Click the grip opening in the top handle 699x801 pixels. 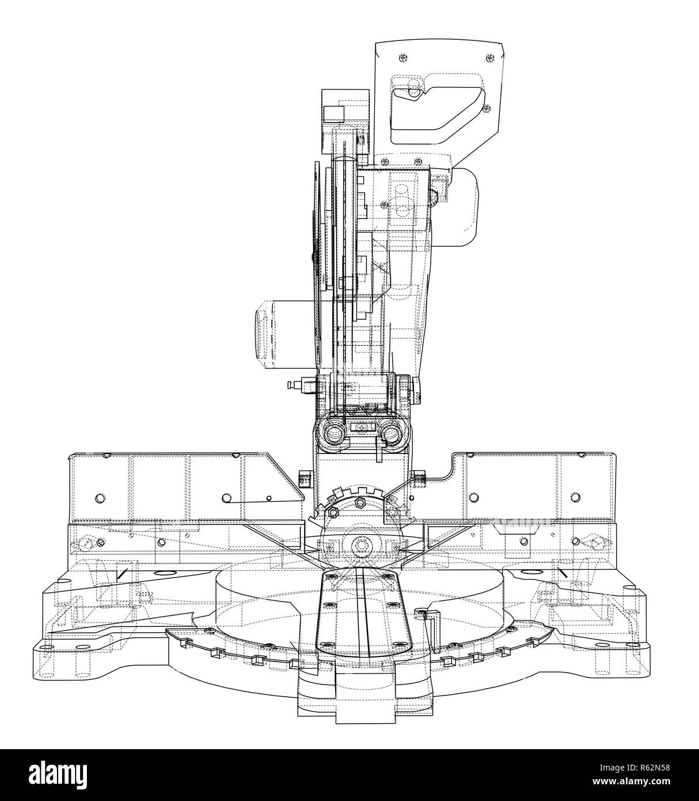[438, 114]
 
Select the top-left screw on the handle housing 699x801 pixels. [403, 58]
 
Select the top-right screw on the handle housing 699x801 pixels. [489, 58]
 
